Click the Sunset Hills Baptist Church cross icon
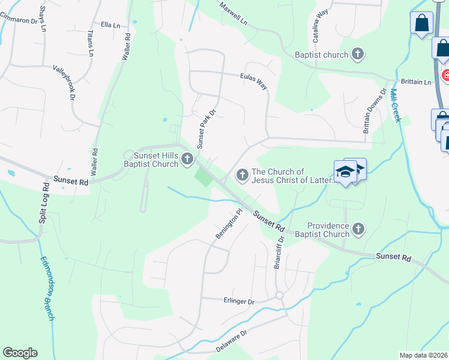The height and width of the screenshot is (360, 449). coord(187,159)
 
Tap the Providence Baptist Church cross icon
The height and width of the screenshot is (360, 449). coord(358,229)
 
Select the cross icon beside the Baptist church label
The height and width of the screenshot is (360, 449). coord(358,55)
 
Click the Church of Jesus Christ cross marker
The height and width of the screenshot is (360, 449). coord(243,175)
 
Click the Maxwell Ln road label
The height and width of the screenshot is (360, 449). coord(233,12)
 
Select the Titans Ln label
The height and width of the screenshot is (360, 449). coord(91,43)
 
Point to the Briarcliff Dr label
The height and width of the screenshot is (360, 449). coord(278,251)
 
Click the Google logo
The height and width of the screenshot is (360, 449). coord(20,353)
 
